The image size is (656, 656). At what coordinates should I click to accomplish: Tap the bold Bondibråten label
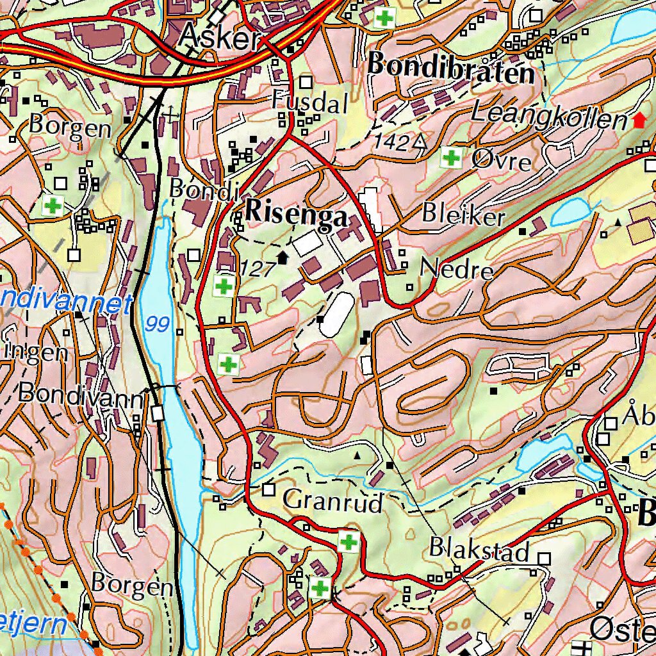point(451,68)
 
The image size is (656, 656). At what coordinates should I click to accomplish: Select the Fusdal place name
point(309,102)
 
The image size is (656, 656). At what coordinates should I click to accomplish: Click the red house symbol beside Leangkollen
point(639,120)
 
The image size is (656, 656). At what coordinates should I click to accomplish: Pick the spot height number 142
point(392,142)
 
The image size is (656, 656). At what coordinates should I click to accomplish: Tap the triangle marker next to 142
point(420,142)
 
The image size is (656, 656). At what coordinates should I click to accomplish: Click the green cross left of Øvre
point(452,157)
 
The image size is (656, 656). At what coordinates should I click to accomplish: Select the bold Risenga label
point(296,214)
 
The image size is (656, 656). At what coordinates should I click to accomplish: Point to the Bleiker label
point(463,216)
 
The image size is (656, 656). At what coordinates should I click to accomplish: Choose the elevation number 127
point(258,268)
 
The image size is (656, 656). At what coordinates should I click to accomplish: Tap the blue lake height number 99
point(157,324)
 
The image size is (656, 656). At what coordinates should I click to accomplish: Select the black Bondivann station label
point(81,393)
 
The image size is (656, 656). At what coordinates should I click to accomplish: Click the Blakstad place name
point(479,550)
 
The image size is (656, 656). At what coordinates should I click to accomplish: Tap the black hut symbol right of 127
point(283,258)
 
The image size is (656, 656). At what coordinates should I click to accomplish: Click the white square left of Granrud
point(268,490)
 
